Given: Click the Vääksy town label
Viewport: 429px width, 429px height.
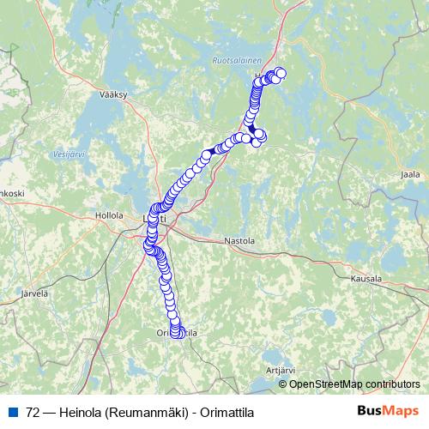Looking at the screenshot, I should [x=112, y=95].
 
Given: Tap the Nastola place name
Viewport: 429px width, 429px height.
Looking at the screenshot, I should [x=239, y=241].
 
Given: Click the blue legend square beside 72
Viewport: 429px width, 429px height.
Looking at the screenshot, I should [x=14, y=412].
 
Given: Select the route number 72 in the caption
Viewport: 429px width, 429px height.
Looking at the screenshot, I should [x=33, y=412].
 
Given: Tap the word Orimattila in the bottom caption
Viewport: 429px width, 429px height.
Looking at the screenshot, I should [x=227, y=412].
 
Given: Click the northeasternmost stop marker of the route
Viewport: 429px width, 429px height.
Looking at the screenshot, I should [x=280, y=72].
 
